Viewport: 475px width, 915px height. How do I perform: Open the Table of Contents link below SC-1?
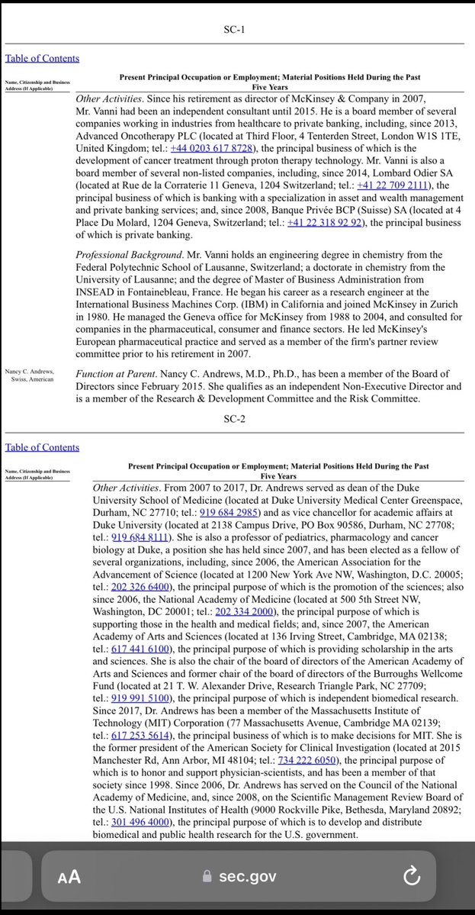coord(42,58)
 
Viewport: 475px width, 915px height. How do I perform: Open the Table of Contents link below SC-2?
coord(42,447)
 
